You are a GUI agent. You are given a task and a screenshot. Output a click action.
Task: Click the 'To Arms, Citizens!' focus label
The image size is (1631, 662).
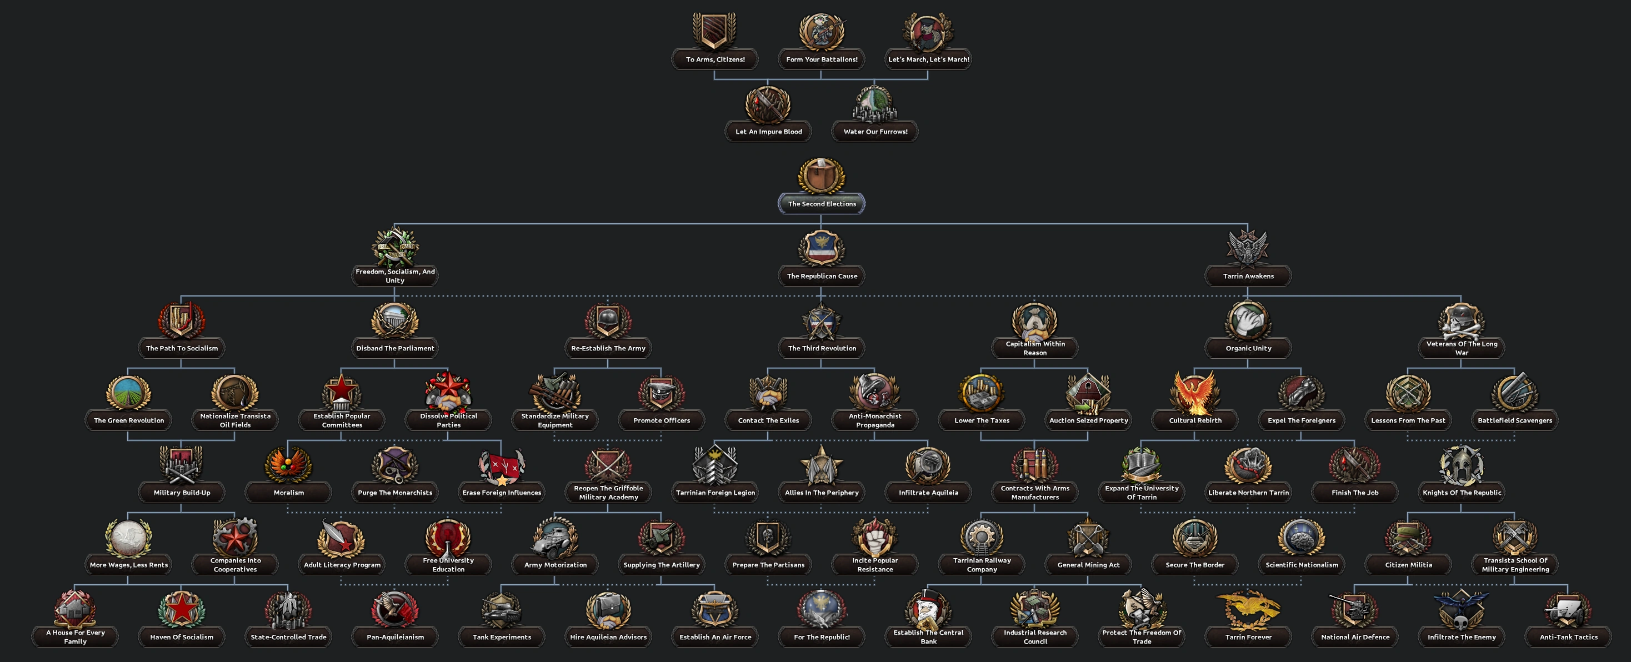[x=715, y=59]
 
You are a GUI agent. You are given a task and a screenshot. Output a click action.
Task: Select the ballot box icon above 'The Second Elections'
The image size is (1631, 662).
[x=821, y=175]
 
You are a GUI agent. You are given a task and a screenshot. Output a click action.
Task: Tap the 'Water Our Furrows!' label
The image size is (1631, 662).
[x=875, y=132]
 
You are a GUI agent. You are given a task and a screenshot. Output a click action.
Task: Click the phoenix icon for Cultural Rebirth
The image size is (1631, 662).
[x=1195, y=393]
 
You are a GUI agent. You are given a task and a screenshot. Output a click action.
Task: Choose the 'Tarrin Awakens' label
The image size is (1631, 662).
[x=1248, y=276]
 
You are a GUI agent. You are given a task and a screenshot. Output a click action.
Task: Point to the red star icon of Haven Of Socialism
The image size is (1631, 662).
[x=182, y=608]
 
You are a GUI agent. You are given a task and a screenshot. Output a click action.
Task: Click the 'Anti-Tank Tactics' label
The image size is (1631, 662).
[x=1568, y=636]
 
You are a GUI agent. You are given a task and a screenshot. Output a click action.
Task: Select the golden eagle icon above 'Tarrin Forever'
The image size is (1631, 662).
[x=1248, y=608]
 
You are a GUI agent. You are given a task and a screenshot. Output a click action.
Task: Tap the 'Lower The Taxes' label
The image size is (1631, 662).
[x=982, y=420]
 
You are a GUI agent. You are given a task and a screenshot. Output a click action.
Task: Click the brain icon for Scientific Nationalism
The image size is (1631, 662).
[x=1301, y=536]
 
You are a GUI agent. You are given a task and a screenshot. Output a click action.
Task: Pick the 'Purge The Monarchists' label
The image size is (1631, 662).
[x=395, y=493]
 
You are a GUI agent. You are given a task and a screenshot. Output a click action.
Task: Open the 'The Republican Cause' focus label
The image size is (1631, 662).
[x=822, y=276]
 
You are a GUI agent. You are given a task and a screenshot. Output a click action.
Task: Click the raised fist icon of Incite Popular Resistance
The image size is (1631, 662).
[x=874, y=536]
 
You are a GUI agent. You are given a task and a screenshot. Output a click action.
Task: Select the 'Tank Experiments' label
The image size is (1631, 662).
[x=502, y=636]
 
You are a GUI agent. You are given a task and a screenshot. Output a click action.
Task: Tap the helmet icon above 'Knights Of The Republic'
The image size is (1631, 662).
[x=1462, y=464]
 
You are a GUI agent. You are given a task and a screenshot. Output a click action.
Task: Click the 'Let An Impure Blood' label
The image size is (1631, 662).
[x=768, y=132]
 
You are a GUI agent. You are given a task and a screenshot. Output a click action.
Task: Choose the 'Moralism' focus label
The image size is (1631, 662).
[x=289, y=493]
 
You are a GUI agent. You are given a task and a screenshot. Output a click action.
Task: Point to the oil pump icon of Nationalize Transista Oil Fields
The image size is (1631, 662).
[x=235, y=393]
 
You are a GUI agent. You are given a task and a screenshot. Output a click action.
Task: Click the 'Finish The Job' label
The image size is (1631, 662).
[x=1354, y=493]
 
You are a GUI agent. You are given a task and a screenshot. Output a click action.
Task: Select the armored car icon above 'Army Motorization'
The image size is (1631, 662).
[x=556, y=536]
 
